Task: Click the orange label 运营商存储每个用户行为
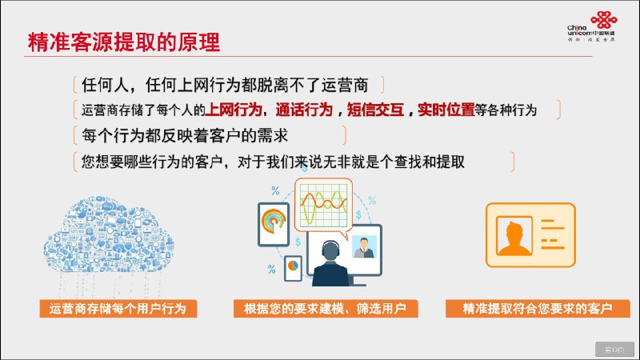pyautogui.click(x=118, y=309)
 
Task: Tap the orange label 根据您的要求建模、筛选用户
pyautogui.click(x=320, y=309)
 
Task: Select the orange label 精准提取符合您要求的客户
pyautogui.click(x=531, y=309)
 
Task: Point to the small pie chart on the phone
pyautogui.click(x=293, y=264)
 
